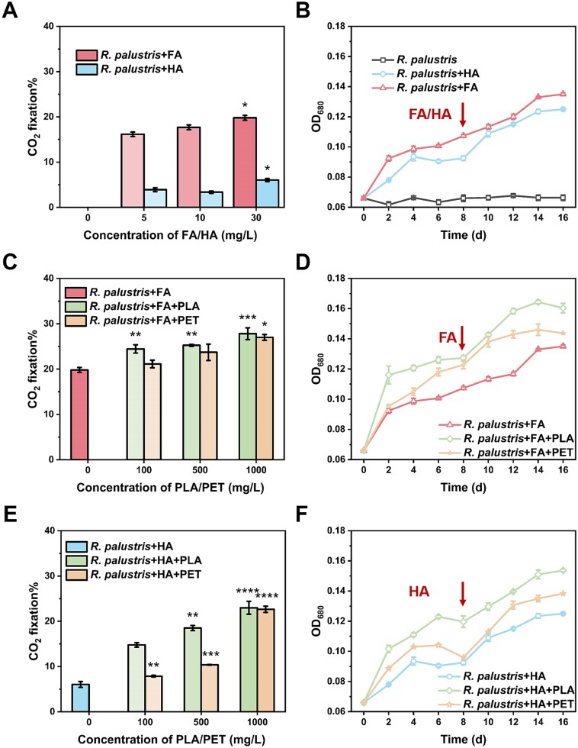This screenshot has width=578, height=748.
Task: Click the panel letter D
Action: pyautogui.click(x=303, y=263)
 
